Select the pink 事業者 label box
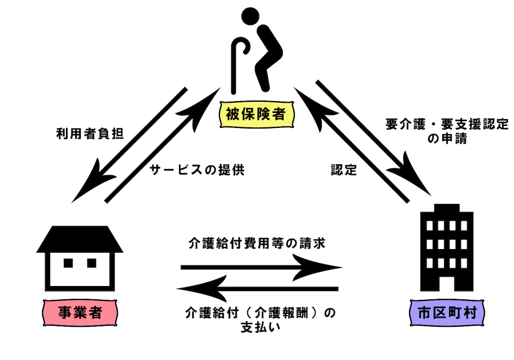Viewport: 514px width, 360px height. (x=79, y=312)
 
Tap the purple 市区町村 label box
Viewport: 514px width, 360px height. (x=446, y=312)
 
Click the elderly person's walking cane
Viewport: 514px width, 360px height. (x=239, y=62)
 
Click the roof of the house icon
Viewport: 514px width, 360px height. (x=80, y=238)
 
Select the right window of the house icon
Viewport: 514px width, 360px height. (x=91, y=263)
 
